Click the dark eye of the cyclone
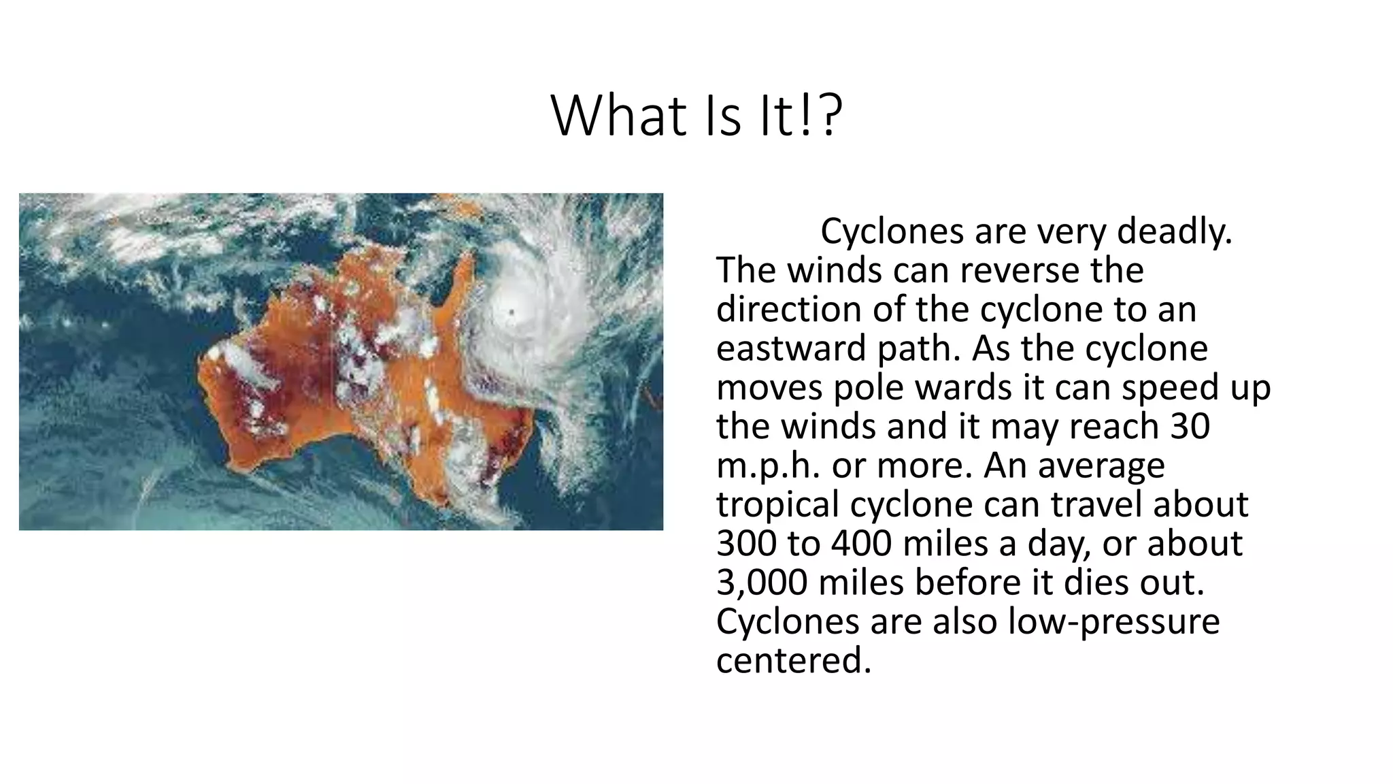(x=511, y=312)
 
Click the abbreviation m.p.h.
(x=769, y=465)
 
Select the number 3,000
(x=762, y=583)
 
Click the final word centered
(x=793, y=660)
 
